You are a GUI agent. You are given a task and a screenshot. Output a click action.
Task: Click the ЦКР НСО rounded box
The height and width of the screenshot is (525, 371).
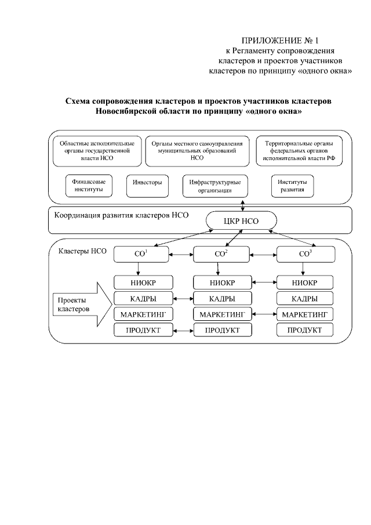pyautogui.click(x=242, y=221)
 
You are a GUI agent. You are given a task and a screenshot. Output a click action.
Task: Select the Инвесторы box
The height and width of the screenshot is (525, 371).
pyautogui.click(x=143, y=182)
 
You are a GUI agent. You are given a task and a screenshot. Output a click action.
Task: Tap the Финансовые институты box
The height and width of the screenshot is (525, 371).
pyautogui.click(x=88, y=185)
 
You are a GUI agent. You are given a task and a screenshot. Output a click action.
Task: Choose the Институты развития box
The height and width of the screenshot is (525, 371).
pyautogui.click(x=293, y=186)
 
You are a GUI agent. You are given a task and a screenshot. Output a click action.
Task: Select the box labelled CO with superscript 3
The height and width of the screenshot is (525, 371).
pyautogui.click(x=305, y=254)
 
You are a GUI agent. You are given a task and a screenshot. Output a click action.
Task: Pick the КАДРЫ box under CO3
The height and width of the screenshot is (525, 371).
pyautogui.click(x=305, y=299)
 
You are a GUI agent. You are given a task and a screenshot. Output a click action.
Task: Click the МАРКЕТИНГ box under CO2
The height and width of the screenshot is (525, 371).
pyautogui.click(x=223, y=314)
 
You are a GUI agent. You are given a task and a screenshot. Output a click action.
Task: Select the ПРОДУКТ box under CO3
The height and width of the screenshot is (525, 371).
pyautogui.click(x=305, y=330)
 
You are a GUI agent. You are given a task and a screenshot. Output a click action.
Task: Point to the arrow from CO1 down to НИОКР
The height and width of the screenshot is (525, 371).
pyautogui.click(x=138, y=268)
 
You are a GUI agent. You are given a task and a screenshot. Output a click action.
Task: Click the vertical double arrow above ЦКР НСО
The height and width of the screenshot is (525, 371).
pyautogui.click(x=242, y=204)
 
